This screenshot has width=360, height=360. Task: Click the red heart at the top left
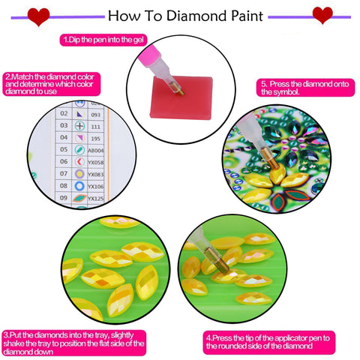tap(38, 16)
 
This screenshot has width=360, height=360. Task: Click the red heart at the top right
tap(322, 15)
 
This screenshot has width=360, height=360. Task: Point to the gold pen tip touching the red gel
tap(178, 90)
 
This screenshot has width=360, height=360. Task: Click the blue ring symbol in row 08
tap(81, 185)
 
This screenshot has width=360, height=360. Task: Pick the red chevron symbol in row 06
tap(81, 161)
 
